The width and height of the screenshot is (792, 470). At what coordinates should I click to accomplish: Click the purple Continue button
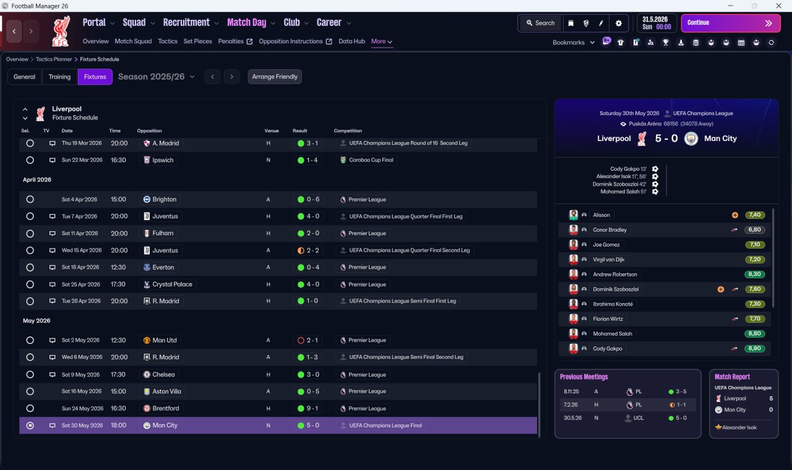(731, 23)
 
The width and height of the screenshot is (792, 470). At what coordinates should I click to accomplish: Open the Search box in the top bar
(540, 23)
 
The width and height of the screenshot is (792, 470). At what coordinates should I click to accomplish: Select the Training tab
(59, 77)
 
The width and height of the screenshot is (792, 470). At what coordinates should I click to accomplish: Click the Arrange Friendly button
(275, 77)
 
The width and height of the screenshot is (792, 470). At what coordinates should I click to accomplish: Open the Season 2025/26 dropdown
(157, 77)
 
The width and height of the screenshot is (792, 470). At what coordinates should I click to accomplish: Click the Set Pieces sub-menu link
(197, 41)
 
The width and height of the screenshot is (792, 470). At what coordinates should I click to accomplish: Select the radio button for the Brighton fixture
(30, 199)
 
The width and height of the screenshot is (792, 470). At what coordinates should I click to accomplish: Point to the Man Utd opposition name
(165, 340)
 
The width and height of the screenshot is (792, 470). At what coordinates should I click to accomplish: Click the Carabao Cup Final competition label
(371, 160)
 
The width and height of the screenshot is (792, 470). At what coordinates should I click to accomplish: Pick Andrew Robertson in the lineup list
(615, 274)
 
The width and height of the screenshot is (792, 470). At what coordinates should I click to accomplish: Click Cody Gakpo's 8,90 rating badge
(754, 348)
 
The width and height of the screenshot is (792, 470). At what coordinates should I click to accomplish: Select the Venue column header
(272, 130)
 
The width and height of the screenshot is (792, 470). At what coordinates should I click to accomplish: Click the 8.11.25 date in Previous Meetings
(571, 391)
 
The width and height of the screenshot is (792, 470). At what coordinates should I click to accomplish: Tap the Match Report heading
(732, 377)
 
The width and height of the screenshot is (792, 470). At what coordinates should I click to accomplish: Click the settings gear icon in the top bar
(618, 23)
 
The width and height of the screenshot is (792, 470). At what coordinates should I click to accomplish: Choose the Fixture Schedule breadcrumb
(100, 59)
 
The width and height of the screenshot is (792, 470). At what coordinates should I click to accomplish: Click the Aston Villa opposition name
(166, 391)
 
